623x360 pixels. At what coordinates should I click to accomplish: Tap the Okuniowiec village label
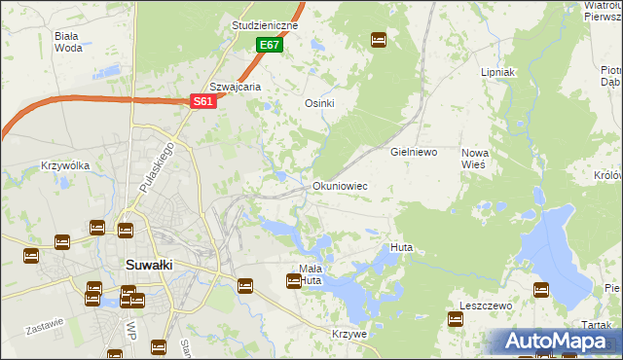(339, 185)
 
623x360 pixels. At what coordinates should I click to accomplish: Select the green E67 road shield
(270, 46)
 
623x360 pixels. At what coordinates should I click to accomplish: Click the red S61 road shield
(202, 100)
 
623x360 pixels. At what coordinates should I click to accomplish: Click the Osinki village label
(319, 103)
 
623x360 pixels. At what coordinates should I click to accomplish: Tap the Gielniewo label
(414, 153)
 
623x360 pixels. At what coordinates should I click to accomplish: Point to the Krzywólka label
(65, 165)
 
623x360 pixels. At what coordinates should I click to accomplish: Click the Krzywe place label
(349, 334)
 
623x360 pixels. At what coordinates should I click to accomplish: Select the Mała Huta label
(310, 274)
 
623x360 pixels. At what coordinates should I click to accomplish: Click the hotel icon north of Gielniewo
(379, 40)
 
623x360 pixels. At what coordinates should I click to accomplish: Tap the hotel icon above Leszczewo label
(541, 288)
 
